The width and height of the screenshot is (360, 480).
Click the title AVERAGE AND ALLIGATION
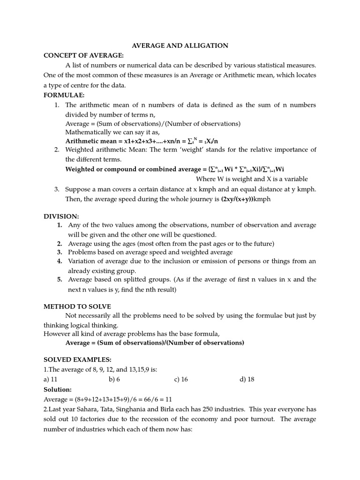[180, 45]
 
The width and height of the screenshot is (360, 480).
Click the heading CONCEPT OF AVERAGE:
[83, 55]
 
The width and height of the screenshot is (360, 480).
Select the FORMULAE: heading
[64, 95]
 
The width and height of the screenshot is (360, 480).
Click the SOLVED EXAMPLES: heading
[77, 360]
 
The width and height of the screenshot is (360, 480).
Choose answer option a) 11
[50, 379]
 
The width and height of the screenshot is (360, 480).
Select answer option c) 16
[181, 379]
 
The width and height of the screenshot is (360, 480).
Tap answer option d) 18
[247, 379]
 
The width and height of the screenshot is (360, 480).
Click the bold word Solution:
[58, 389]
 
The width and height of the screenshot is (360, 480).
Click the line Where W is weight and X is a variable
[252, 179]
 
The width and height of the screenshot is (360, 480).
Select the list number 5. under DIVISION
[60, 279]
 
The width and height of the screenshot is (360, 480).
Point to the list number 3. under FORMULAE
[56, 189]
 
